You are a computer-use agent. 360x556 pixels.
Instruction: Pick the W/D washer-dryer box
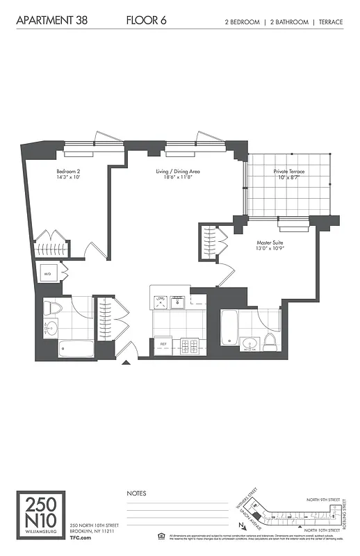tap(48, 274)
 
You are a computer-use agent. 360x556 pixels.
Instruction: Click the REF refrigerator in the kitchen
tap(164, 343)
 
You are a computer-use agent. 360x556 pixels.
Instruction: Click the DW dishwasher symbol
tap(161, 300)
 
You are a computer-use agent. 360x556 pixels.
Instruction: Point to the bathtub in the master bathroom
tap(229, 327)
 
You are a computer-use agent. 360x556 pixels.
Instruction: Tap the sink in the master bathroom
tap(251, 341)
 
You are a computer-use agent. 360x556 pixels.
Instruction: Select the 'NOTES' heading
tap(136, 493)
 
